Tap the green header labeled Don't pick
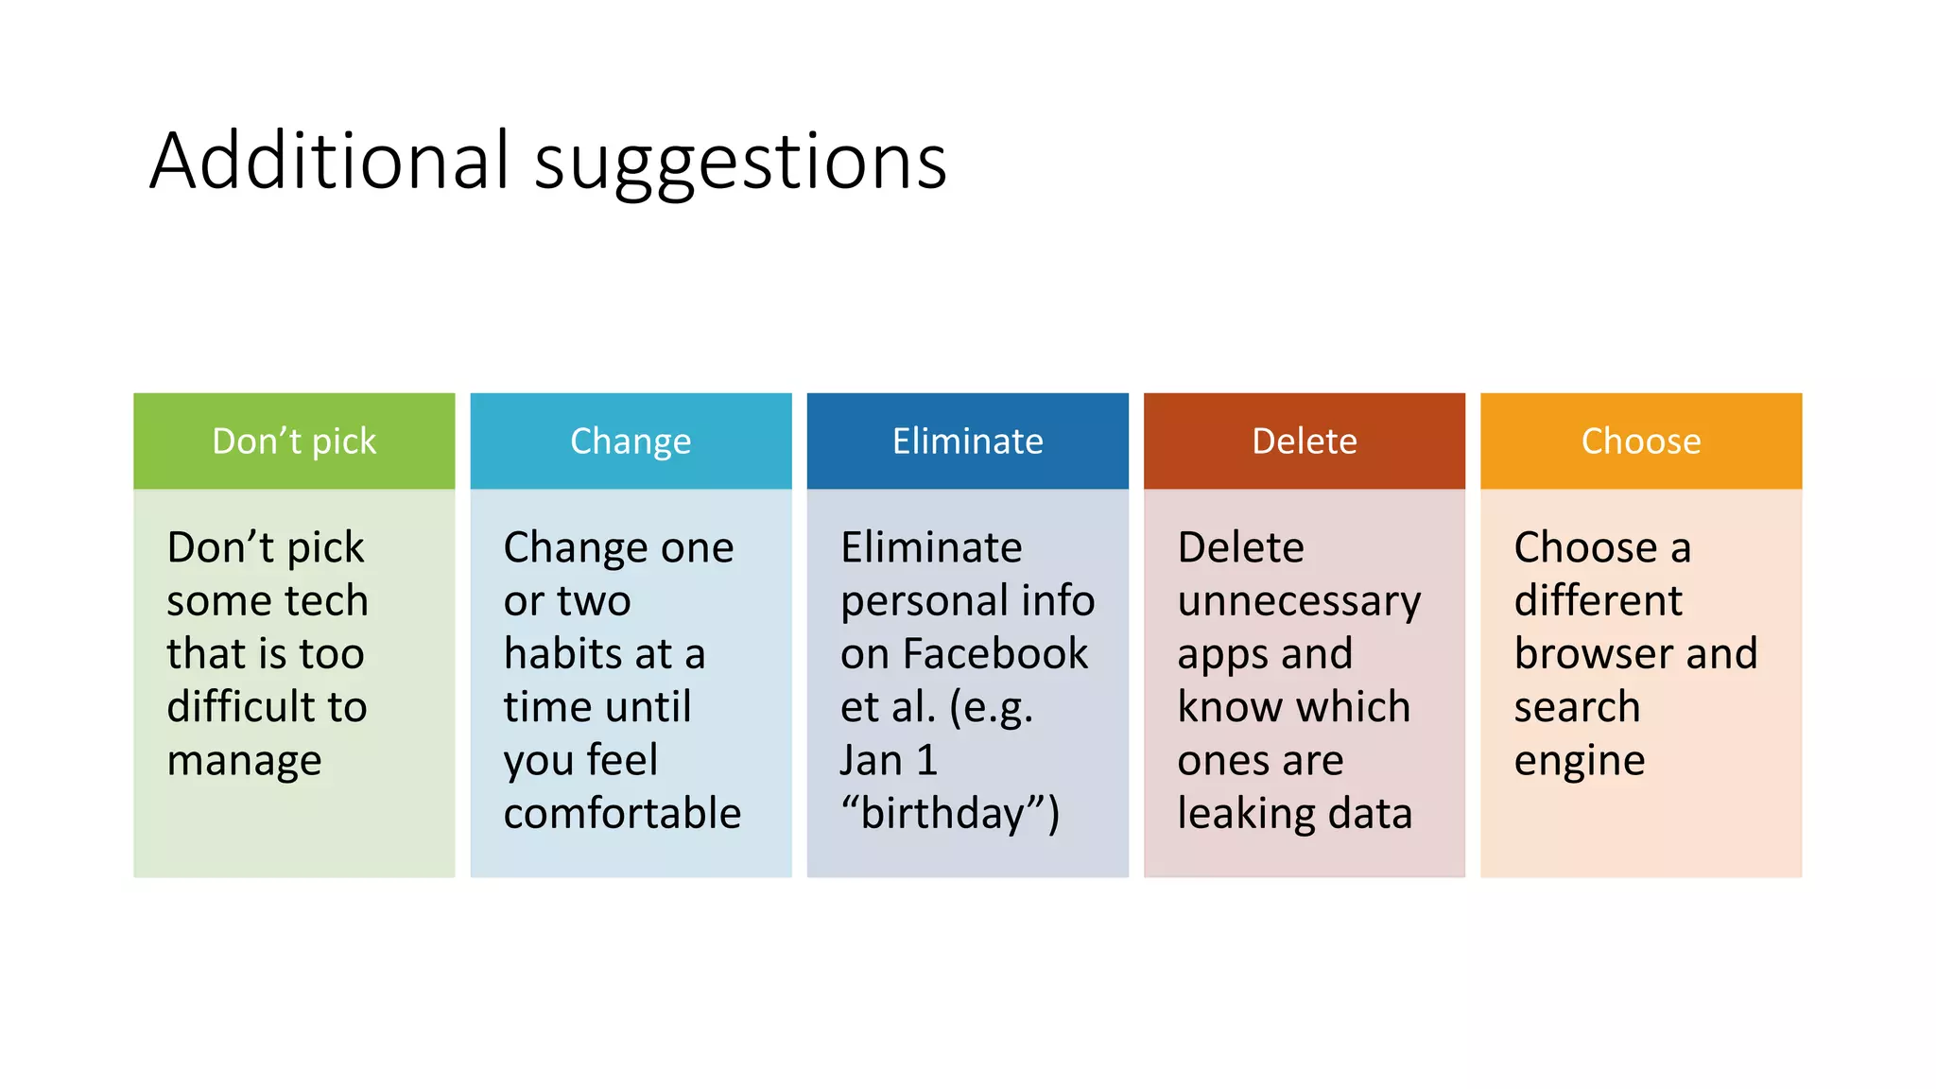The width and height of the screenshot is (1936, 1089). (294, 441)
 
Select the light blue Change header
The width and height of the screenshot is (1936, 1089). (631, 441)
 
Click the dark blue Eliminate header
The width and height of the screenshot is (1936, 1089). (967, 441)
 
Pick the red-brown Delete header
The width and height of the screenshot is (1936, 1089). (1304, 441)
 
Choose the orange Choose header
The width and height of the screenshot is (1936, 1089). (1640, 441)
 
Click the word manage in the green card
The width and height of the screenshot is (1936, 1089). (244, 761)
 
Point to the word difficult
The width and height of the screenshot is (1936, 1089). (237, 707)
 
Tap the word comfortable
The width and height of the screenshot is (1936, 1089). (622, 814)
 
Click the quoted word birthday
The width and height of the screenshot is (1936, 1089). (941, 814)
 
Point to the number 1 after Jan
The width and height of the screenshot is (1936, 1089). (926, 761)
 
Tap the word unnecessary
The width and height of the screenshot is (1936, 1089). (1298, 602)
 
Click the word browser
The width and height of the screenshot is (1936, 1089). (1588, 654)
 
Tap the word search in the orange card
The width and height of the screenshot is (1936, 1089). (1576, 707)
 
